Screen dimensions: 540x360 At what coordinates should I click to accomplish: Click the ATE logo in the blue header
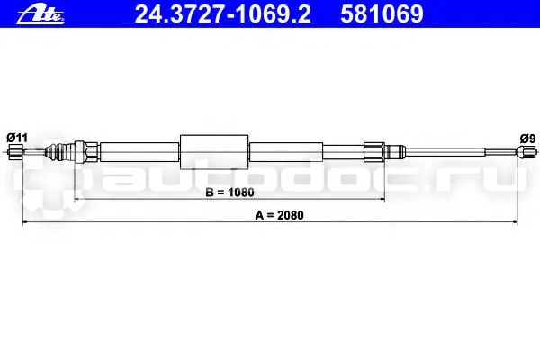pyautogui.click(x=40, y=15)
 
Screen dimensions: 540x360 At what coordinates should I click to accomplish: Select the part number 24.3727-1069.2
pyautogui.click(x=222, y=14)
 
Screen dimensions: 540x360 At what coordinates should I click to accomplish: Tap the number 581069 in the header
pyautogui.click(x=382, y=14)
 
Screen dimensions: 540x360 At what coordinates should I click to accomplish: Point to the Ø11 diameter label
pyautogui.click(x=17, y=139)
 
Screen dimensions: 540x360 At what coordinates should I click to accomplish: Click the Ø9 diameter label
pyautogui.click(x=527, y=139)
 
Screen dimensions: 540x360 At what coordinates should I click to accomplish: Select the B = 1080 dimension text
pyautogui.click(x=229, y=193)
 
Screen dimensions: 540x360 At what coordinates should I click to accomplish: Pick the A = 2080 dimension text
pyautogui.click(x=279, y=215)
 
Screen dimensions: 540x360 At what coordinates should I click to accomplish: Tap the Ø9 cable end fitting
pyautogui.click(x=526, y=151)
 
